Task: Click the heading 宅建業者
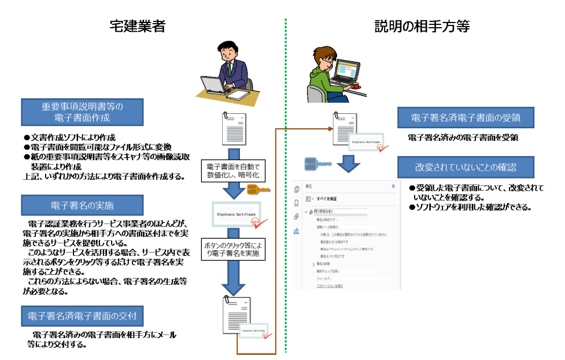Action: tap(137, 26)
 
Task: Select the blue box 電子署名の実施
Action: tap(82, 205)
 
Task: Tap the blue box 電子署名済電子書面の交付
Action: tap(82, 316)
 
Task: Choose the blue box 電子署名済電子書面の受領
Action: tap(465, 118)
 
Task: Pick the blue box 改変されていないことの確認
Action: tap(465, 167)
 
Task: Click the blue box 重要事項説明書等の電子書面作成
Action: tap(82, 112)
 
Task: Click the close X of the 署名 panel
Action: tap(393, 186)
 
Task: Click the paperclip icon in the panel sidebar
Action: tap(297, 217)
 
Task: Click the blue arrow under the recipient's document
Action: tap(350, 163)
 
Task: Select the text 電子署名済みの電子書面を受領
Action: tap(462, 138)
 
